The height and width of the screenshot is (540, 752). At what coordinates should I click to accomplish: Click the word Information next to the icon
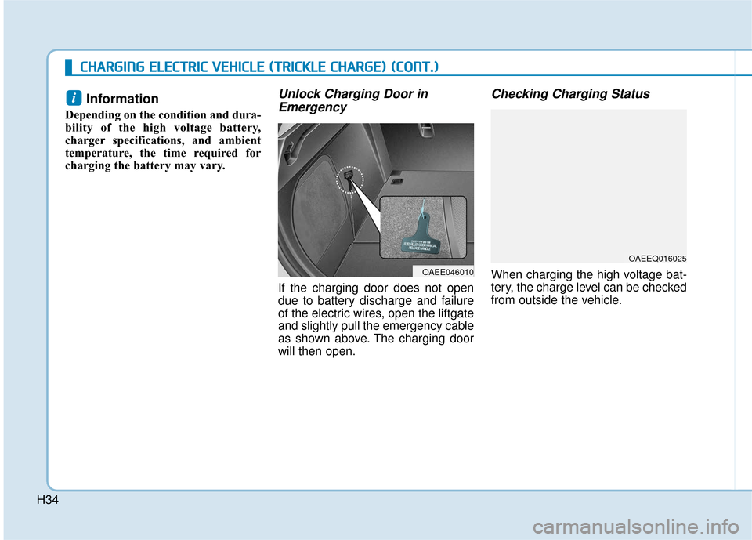tap(122, 99)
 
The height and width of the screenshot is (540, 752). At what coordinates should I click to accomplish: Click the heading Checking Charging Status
tap(569, 94)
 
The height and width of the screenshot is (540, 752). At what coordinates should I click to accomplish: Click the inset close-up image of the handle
tap(423, 227)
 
